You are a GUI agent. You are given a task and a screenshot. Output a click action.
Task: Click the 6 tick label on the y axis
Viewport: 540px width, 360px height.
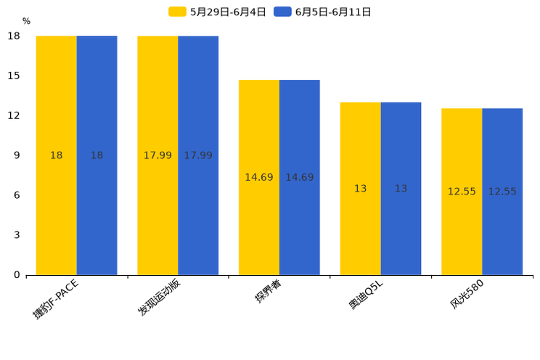[x=17, y=195]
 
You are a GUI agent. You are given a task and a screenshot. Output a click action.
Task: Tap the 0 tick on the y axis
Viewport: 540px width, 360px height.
[x=17, y=275]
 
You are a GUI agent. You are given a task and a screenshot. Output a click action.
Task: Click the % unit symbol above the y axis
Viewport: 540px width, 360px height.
[x=26, y=21]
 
